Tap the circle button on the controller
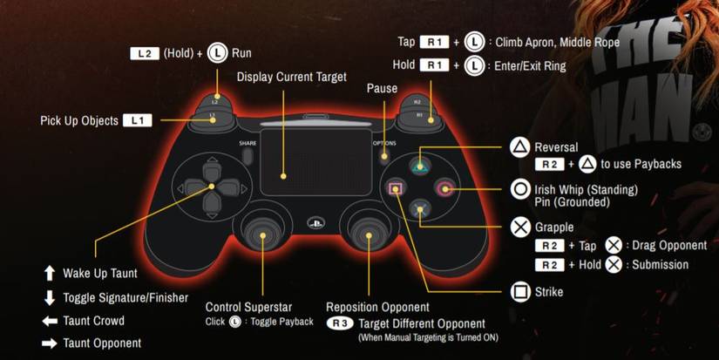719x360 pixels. [x=446, y=187]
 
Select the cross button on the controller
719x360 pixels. [x=421, y=209]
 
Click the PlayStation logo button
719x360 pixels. [x=311, y=222]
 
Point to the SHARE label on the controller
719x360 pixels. [x=248, y=143]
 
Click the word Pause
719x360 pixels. [x=382, y=88]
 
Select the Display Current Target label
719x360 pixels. [x=291, y=78]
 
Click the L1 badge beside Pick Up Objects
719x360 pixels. [x=138, y=121]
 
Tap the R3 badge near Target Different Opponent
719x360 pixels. [x=340, y=323]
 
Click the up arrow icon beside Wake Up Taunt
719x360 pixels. [x=50, y=274]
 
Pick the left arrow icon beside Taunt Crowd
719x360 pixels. [x=50, y=321]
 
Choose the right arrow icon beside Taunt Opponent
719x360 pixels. [x=50, y=343]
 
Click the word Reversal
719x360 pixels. [x=556, y=147]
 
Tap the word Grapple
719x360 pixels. [x=554, y=228]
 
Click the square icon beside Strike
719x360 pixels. [x=520, y=292]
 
